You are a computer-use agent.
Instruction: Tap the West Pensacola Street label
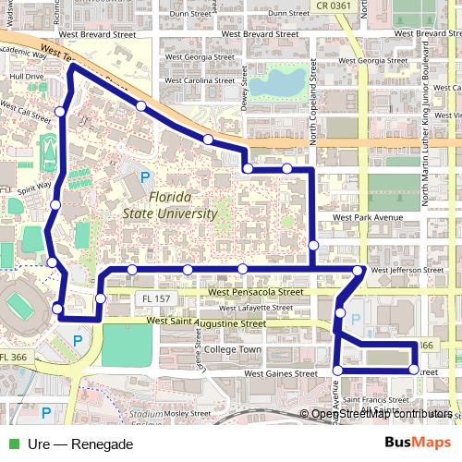click(x=255, y=292)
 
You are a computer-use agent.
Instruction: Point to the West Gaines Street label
click(x=279, y=374)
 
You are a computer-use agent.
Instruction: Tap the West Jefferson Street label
click(x=407, y=271)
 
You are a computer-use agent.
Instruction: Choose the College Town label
click(x=232, y=350)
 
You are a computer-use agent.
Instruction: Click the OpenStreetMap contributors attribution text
click(x=381, y=415)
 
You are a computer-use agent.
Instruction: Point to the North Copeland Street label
click(x=314, y=111)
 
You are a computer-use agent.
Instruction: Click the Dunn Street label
click(x=191, y=14)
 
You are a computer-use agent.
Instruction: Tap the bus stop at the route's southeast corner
click(x=413, y=370)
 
